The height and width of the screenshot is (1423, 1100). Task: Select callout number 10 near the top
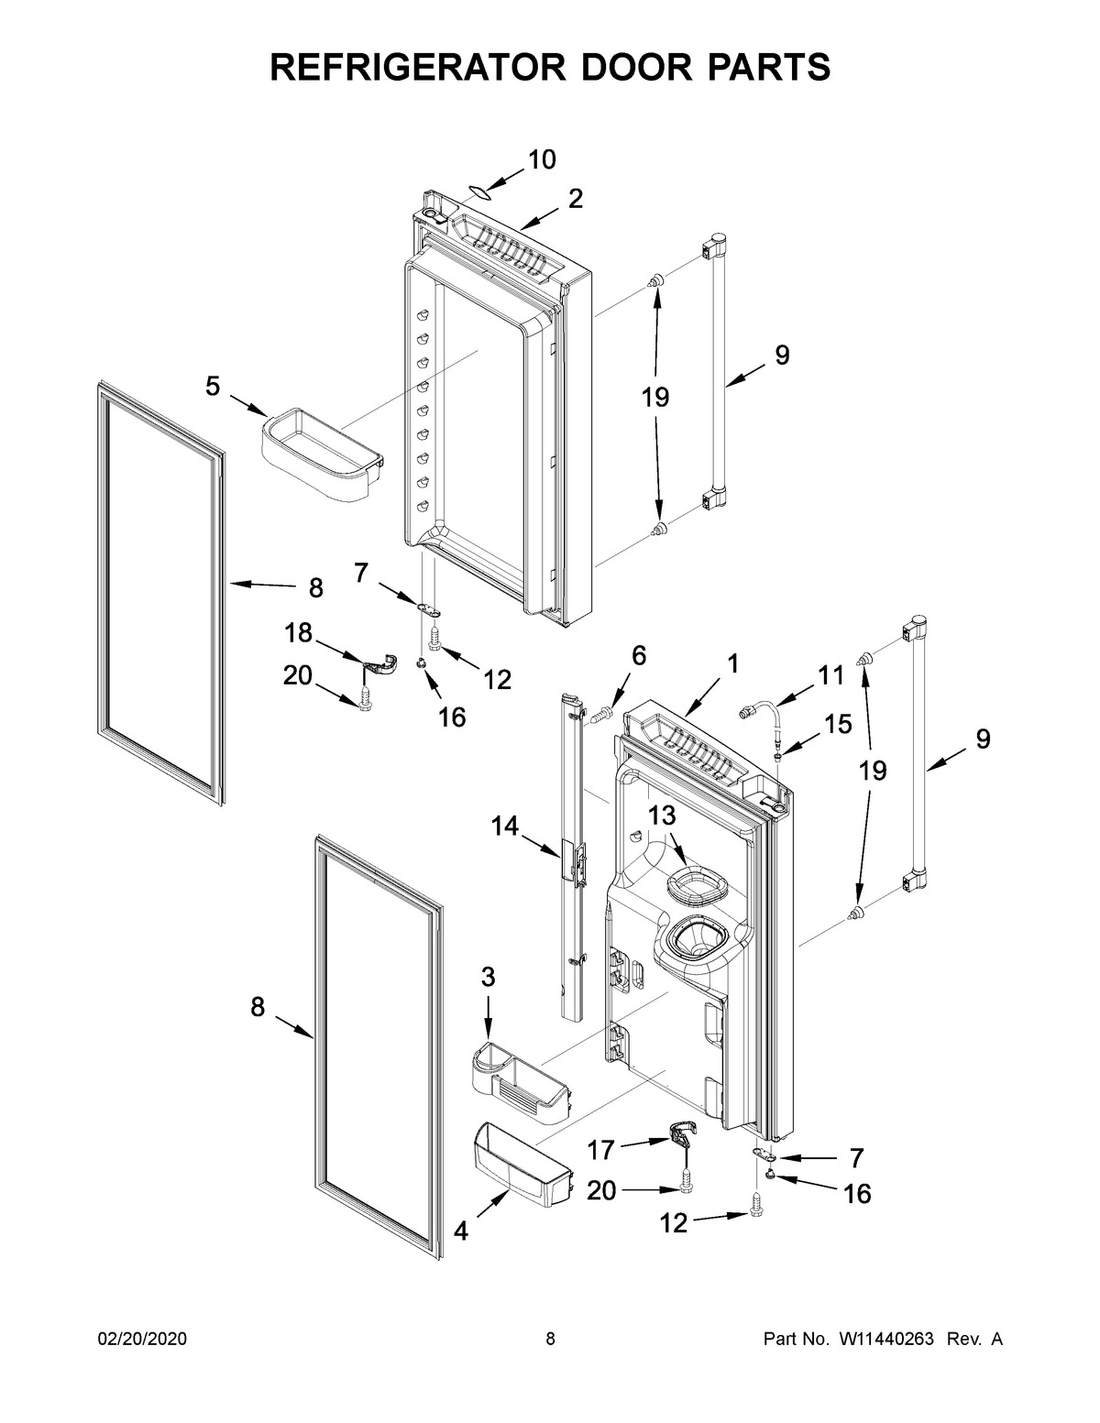541,159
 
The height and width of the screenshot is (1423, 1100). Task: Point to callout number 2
575,199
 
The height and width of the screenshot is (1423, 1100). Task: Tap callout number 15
837,724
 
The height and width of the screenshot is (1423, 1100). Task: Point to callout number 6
639,656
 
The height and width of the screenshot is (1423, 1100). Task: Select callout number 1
732,663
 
